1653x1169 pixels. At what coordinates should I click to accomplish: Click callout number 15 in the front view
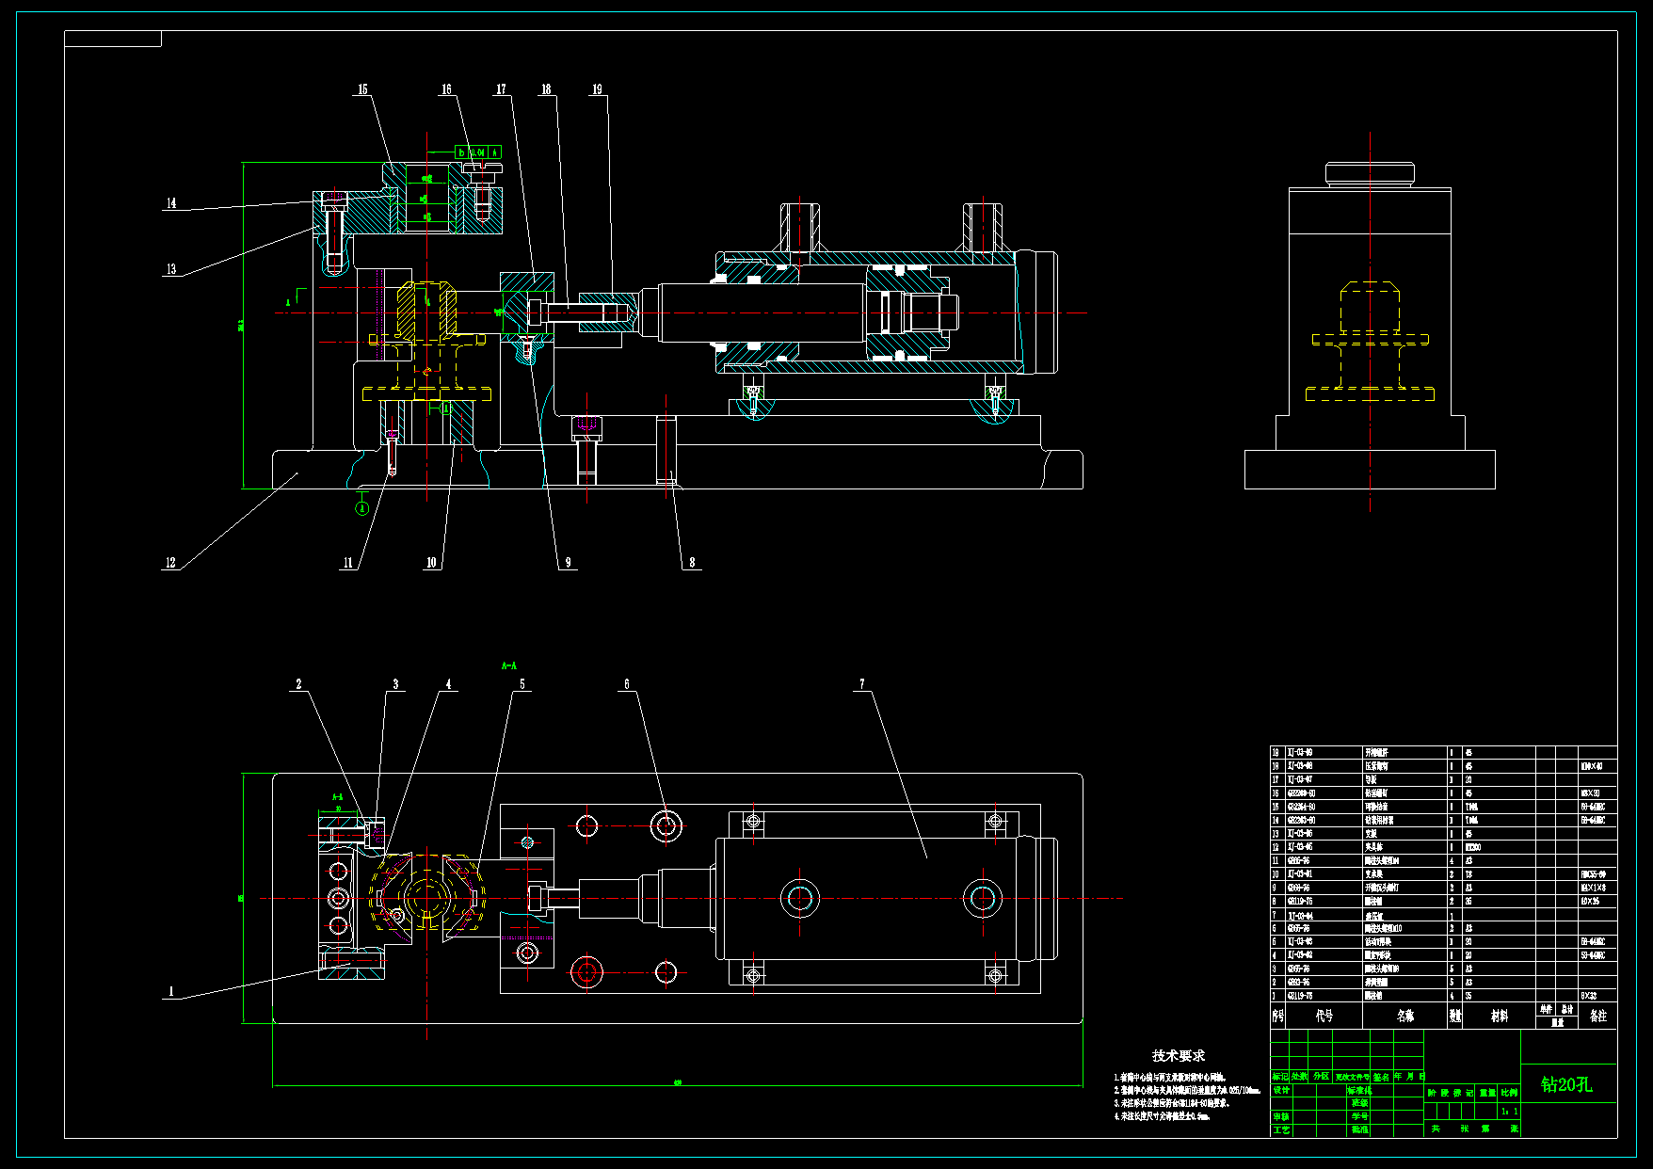[x=362, y=89]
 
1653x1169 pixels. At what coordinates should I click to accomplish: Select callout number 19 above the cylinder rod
[x=597, y=89]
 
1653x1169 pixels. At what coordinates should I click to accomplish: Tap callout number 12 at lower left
[x=170, y=563]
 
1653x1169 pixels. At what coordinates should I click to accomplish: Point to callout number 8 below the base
[x=692, y=562]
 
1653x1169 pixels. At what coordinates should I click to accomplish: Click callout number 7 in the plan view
[x=861, y=684]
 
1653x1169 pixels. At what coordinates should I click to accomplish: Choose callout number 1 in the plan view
[x=170, y=991]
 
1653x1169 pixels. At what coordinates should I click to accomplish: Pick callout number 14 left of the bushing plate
[x=170, y=203]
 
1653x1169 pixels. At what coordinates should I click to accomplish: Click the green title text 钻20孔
[x=1566, y=1084]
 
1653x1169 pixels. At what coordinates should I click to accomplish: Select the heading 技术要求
[x=1178, y=1056]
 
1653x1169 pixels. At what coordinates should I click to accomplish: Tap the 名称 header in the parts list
[x=1405, y=1017]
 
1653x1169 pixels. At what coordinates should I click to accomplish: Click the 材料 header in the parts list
[x=1499, y=1017]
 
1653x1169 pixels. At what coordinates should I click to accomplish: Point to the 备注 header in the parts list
[x=1597, y=1017]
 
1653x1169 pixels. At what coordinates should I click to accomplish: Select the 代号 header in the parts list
[x=1324, y=1017]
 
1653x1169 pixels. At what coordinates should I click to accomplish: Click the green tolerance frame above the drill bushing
[x=478, y=152]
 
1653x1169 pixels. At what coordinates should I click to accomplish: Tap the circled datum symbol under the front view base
[x=362, y=508]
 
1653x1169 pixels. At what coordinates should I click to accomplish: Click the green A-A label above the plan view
[x=508, y=666]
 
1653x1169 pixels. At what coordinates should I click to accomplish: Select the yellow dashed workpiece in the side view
[x=1370, y=339]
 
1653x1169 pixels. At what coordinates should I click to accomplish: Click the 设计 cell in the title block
[x=1281, y=1090]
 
